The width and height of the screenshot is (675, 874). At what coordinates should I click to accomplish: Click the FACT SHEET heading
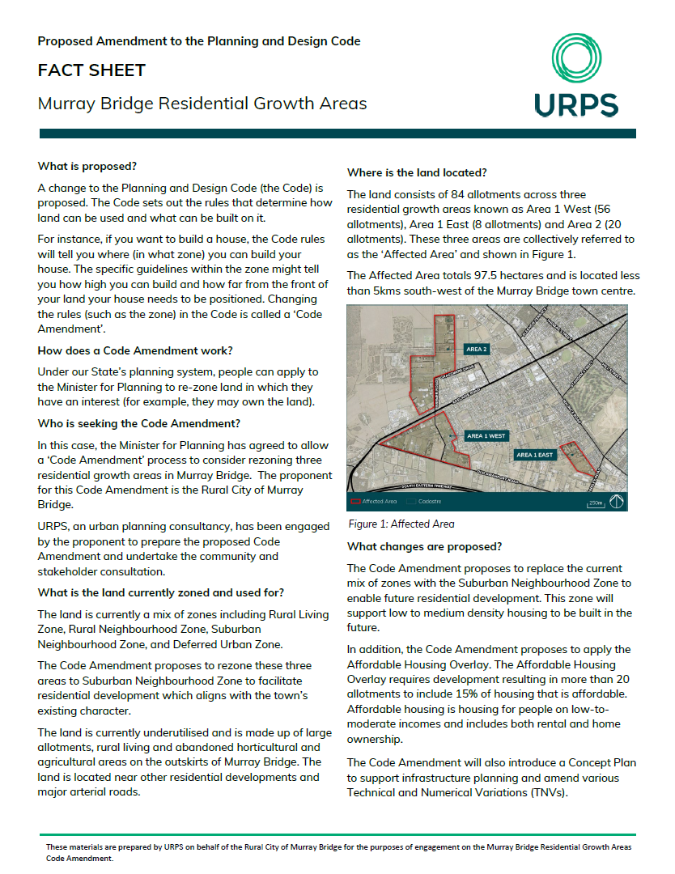(x=91, y=70)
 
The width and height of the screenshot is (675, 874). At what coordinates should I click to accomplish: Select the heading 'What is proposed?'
(x=87, y=166)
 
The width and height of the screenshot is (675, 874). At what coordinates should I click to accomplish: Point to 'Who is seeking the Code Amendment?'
(x=138, y=423)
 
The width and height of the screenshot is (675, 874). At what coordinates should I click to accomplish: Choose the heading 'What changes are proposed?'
(x=424, y=546)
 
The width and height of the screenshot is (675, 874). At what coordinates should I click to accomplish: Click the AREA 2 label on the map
(x=477, y=350)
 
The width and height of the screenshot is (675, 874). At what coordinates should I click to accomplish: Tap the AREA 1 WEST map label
(x=486, y=436)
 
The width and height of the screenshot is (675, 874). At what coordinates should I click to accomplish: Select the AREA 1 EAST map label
(x=534, y=455)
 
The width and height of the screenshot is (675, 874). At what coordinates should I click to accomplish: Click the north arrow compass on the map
(x=618, y=502)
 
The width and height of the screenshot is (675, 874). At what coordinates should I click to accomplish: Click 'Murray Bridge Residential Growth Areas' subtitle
(x=202, y=104)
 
